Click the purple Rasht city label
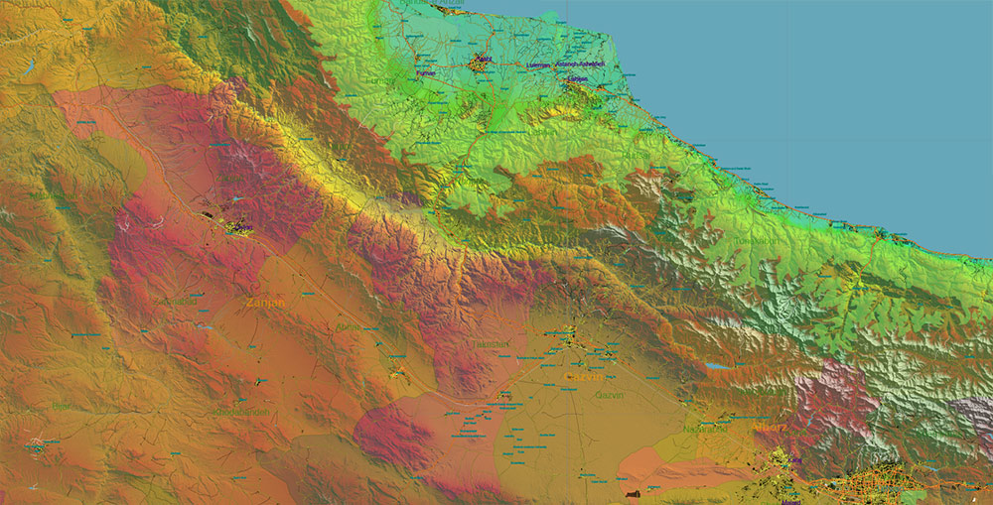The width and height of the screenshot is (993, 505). tap(484, 59)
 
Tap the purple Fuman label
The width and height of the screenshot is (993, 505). tap(426, 72)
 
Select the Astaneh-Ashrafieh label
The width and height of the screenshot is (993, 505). tap(587, 65)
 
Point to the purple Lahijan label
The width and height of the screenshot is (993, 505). tap(578, 79)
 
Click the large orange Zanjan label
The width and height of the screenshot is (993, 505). tap(265, 302)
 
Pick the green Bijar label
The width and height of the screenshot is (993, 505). tap(62, 406)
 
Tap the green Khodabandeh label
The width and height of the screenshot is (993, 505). tap(242, 411)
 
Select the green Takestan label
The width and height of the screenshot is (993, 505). tap(490, 344)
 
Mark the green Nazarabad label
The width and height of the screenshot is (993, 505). tap(705, 429)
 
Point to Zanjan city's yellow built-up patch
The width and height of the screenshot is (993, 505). tap(238, 227)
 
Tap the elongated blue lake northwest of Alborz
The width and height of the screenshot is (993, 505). tap(714, 366)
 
